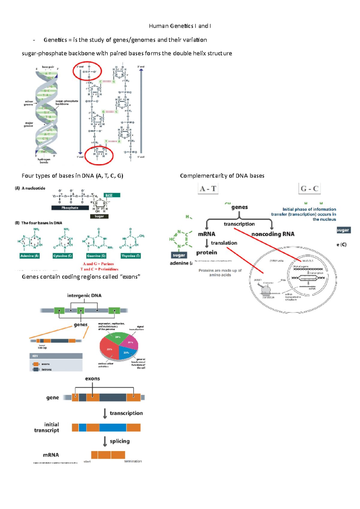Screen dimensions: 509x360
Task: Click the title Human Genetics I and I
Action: coord(180,26)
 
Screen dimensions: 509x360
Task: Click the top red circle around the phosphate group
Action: coord(87,71)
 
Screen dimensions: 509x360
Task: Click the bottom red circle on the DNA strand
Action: coord(99,155)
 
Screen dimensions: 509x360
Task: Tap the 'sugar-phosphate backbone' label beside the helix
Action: coord(67,103)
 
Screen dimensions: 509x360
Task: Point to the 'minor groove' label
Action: coord(29,103)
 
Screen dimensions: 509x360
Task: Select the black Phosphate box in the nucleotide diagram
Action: coord(70,208)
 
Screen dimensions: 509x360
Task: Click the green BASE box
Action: coord(112,195)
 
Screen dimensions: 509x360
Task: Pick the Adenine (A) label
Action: coord(30,256)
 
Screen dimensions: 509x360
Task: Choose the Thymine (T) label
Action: coord(131,256)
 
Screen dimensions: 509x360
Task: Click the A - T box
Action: coord(208,189)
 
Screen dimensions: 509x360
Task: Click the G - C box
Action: coord(309,189)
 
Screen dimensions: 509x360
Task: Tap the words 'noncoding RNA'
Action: coord(273,234)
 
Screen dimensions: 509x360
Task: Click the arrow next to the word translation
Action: coord(207,243)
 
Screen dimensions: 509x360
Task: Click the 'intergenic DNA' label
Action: coord(84,296)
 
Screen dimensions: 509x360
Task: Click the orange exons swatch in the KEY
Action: coord(36,364)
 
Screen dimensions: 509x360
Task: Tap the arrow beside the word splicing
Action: coord(105,441)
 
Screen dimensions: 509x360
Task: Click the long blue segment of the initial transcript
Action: coord(113,427)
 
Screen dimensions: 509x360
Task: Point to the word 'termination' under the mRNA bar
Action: coord(133,461)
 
